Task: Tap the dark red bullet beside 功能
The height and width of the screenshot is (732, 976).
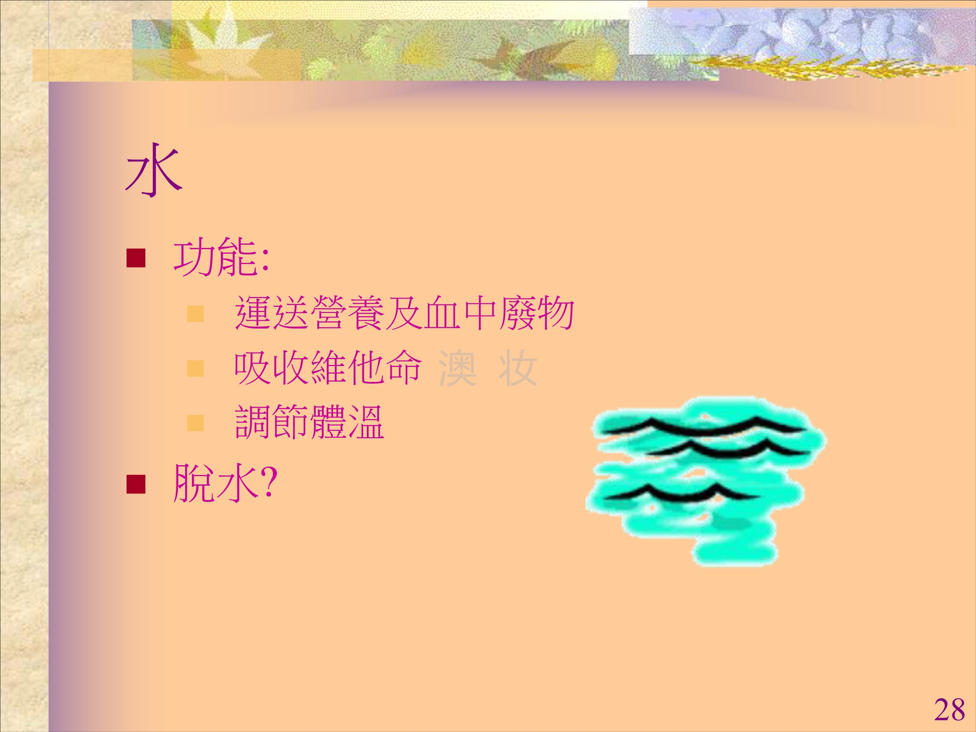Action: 136,259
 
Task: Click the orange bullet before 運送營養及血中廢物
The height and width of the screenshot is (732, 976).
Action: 196,314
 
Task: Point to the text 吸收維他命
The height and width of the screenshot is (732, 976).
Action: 328,368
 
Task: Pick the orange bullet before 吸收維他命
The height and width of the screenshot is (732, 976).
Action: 196,368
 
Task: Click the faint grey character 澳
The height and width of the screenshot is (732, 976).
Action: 457,368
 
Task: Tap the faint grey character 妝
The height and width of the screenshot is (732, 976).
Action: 518,368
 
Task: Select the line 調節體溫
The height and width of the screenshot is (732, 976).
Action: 310,422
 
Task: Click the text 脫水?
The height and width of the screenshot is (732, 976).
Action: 225,483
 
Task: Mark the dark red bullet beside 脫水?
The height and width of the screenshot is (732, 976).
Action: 136,484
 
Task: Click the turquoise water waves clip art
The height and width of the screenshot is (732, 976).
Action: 706,481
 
